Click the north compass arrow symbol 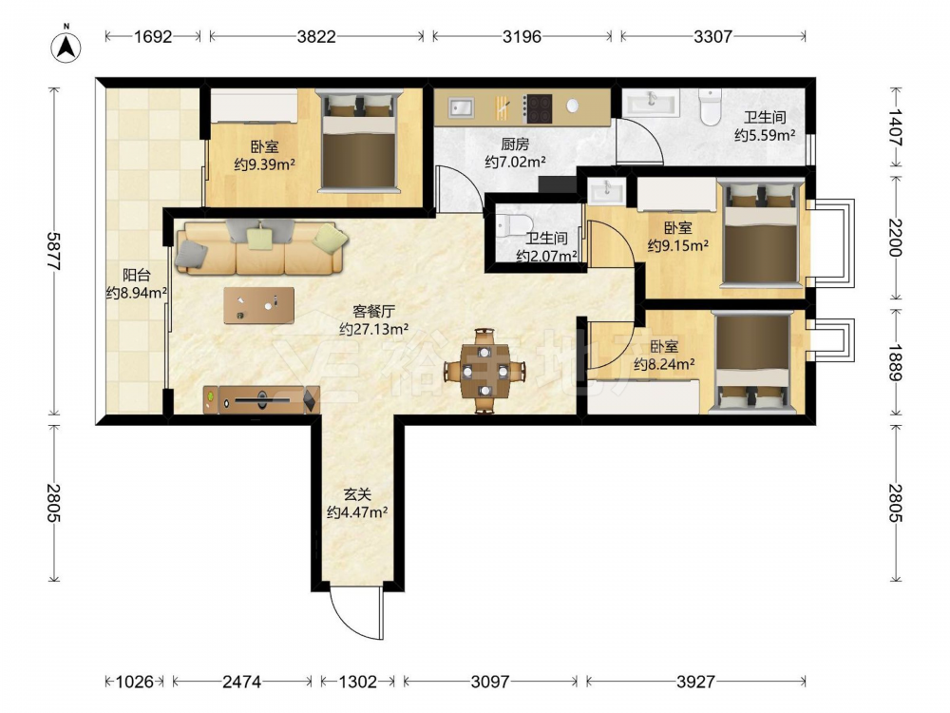(66, 46)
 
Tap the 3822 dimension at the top (316, 37)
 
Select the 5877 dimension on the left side (54, 251)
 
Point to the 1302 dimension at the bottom (357, 682)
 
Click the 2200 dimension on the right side (895, 238)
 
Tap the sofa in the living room (261, 247)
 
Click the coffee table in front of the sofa (258, 305)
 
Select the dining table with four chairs (484, 371)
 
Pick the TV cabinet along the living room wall (261, 399)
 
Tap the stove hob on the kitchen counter (538, 108)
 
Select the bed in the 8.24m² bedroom (752, 362)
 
